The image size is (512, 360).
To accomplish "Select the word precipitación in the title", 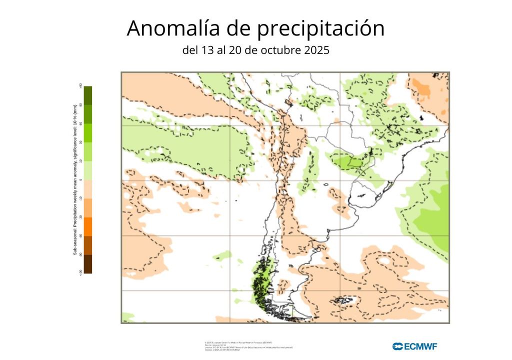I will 321,28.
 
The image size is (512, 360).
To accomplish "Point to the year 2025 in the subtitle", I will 316,50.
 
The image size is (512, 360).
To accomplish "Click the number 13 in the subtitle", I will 206,50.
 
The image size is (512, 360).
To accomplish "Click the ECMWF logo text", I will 415,346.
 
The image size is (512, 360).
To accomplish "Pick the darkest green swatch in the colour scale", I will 87,95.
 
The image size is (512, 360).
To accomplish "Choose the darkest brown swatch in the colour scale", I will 87,264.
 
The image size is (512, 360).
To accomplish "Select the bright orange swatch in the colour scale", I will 87,226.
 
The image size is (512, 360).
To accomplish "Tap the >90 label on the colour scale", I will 80,85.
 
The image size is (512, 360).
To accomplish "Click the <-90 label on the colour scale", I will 80,272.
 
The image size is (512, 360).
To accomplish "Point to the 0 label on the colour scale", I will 80,179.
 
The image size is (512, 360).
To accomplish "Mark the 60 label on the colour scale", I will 80,123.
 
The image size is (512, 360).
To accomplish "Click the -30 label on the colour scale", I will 80,217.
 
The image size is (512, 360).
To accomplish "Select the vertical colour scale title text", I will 75,179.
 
